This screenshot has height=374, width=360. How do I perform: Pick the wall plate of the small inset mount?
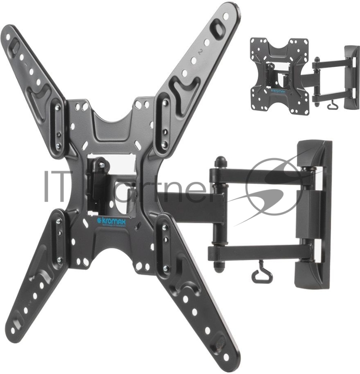click(352, 77)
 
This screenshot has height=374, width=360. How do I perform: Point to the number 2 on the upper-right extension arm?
click(200, 52)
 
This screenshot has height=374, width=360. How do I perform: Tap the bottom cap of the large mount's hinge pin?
click(219, 266)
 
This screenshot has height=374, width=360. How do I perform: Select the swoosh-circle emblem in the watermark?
click(275, 185)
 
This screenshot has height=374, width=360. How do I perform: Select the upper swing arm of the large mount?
click(261, 175)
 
